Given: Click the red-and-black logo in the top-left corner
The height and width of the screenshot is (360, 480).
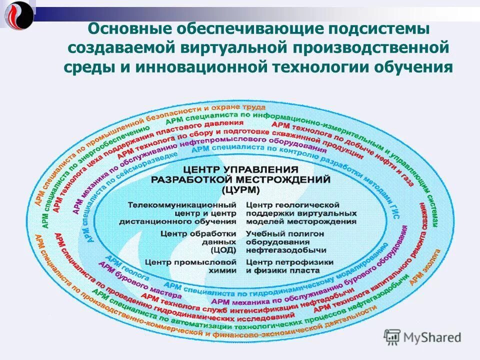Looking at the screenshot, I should tap(19, 14).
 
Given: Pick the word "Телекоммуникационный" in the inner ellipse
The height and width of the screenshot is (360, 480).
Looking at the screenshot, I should tap(182, 205).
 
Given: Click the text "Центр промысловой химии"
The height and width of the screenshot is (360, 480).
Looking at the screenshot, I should tap(191, 266).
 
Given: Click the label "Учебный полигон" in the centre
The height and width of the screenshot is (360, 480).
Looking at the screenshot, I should tap(285, 233).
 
